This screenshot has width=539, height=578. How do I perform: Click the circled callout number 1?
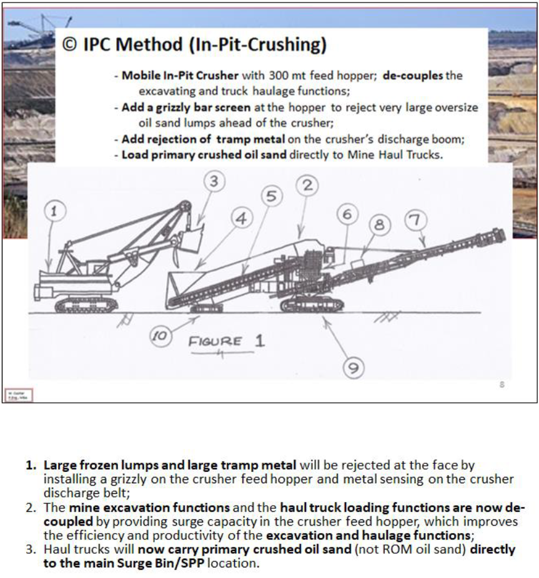click(x=54, y=211)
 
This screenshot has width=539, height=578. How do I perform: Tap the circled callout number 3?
click(x=214, y=183)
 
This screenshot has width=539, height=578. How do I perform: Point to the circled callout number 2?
click(x=307, y=185)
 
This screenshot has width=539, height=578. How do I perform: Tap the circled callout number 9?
click(x=353, y=369)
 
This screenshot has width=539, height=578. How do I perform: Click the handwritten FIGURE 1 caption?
click(x=227, y=341)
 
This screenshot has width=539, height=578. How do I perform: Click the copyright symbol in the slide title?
click(x=69, y=45)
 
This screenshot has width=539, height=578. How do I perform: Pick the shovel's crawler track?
click(x=87, y=304)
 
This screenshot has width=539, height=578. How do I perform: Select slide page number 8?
click(x=501, y=385)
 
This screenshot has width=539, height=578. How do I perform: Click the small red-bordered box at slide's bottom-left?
click(x=19, y=395)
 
